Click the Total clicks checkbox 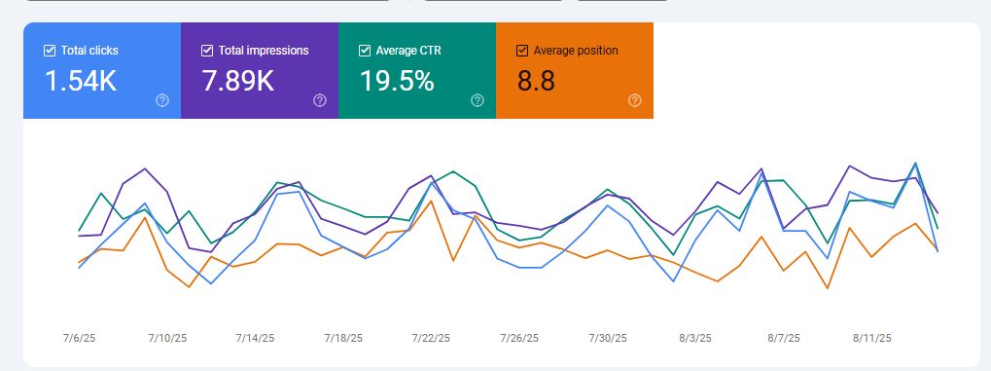(x=50, y=51)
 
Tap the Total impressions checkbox (x=207, y=51)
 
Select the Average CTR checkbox (x=365, y=51)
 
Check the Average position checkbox (x=522, y=51)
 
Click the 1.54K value (x=81, y=82)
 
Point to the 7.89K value (x=237, y=82)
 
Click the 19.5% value (x=397, y=82)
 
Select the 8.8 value (x=536, y=82)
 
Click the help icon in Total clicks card (x=162, y=100)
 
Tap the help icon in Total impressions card (x=320, y=100)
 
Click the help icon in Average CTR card (x=478, y=100)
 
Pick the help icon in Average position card (x=635, y=100)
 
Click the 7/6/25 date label (x=79, y=338)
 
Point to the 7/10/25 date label (x=167, y=338)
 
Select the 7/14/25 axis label (x=255, y=338)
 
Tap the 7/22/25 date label (x=431, y=338)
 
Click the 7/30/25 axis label (x=607, y=338)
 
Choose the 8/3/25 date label (x=695, y=338)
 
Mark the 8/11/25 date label (x=872, y=338)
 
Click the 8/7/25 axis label (x=783, y=338)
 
